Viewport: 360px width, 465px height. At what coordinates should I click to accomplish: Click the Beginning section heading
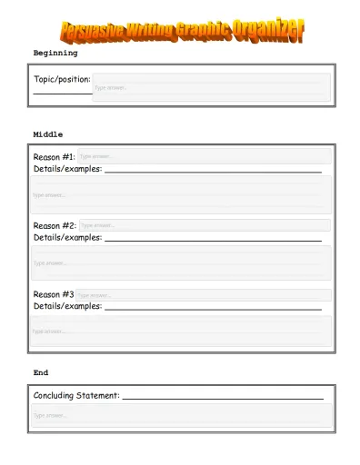[55, 54]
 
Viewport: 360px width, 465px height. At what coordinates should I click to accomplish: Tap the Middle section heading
[48, 134]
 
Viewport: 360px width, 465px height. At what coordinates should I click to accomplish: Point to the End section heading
[41, 372]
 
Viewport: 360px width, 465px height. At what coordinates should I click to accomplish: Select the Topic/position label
[62, 80]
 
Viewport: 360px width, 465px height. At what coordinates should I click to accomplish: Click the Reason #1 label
[55, 157]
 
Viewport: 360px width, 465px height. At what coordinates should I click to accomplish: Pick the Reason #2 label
[55, 225]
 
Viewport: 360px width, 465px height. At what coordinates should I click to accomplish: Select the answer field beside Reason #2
[204, 225]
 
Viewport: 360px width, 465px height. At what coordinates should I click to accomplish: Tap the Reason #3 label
[54, 294]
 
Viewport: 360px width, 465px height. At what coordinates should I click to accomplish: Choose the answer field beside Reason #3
[203, 294]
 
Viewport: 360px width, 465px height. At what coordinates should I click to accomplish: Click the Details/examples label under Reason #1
[67, 169]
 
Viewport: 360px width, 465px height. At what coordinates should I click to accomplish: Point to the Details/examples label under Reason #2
[67, 237]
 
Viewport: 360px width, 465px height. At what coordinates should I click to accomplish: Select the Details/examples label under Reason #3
[67, 306]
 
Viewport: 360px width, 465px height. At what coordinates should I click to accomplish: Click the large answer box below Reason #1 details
[181, 194]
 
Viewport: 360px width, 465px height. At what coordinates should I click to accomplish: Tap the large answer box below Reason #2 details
[181, 262]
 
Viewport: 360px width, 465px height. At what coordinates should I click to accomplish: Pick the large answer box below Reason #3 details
[181, 331]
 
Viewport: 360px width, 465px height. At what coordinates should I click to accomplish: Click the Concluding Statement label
[76, 395]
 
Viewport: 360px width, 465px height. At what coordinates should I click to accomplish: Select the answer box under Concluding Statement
[181, 415]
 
